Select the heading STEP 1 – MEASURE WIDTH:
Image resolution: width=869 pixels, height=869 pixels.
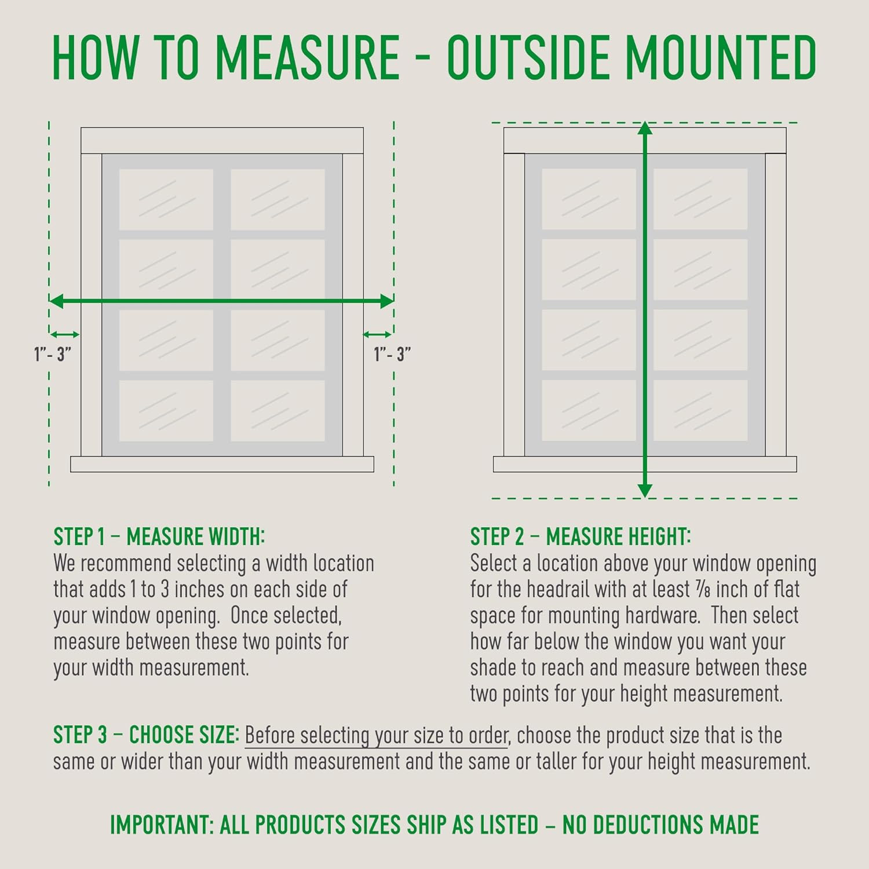(x=159, y=536)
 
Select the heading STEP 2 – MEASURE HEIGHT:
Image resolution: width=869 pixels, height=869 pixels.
(x=580, y=536)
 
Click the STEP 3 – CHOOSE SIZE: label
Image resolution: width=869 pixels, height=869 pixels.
(x=146, y=735)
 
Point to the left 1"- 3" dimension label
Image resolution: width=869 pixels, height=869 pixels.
(x=53, y=353)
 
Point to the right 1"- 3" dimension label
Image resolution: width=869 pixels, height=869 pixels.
(x=392, y=353)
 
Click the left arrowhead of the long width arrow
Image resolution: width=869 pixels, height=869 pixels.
(x=56, y=301)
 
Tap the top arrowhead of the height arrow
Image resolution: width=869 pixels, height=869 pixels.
(x=645, y=129)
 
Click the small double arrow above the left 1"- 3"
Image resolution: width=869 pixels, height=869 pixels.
(x=64, y=334)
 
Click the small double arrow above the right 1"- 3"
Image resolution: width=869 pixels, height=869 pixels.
(x=377, y=334)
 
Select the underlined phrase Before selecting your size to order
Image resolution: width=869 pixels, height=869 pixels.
(x=377, y=736)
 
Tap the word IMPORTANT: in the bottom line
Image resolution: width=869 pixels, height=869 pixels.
(x=162, y=824)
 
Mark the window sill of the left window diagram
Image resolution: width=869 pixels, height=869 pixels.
(x=222, y=464)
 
